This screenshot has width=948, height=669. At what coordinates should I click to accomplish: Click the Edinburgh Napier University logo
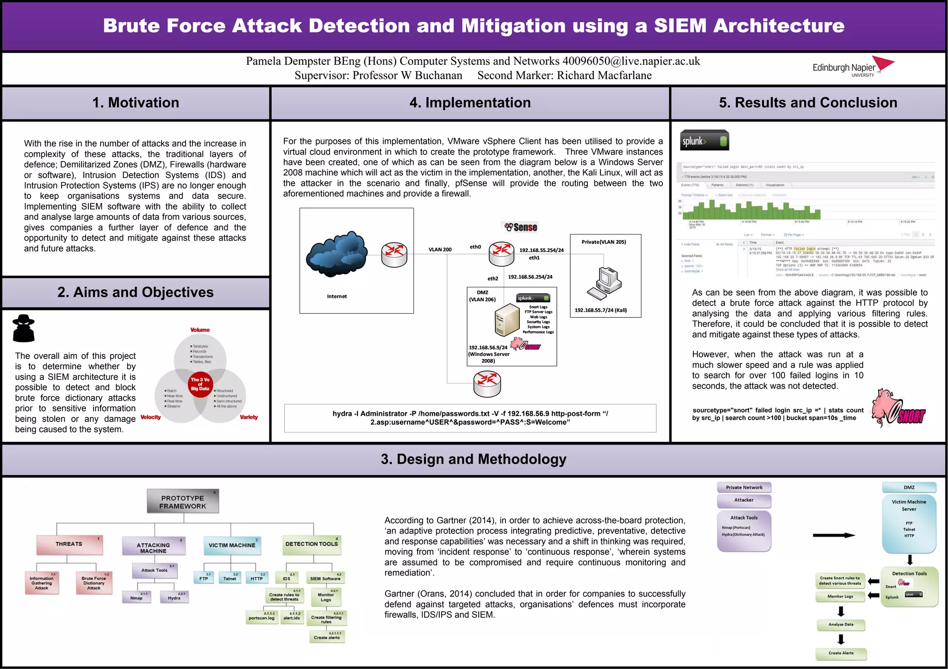853,68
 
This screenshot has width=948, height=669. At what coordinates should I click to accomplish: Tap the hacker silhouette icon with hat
24,328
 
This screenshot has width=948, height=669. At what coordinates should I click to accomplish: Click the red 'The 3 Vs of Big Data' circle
200,384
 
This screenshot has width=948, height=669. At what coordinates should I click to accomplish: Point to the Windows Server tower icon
507,319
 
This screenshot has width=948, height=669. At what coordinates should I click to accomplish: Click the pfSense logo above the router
521,227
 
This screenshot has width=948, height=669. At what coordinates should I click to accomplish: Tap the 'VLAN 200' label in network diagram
440,250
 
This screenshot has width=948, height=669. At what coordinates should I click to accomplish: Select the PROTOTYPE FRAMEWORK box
183,502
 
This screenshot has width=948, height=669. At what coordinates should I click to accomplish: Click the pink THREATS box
69,545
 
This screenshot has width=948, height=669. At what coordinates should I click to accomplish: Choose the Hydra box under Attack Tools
174,598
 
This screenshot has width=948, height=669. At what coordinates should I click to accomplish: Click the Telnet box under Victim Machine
230,578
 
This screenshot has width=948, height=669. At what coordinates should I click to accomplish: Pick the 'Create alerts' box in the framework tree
327,638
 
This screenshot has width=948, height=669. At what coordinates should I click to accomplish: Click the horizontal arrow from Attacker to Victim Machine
833,535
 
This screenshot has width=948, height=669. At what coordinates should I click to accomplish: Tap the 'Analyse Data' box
841,625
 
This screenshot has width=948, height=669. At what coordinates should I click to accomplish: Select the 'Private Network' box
744,488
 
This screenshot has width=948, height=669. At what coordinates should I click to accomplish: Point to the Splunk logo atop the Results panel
705,141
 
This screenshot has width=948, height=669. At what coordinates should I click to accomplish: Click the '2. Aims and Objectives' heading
136,292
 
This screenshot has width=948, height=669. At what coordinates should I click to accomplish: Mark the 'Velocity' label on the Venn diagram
150,417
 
